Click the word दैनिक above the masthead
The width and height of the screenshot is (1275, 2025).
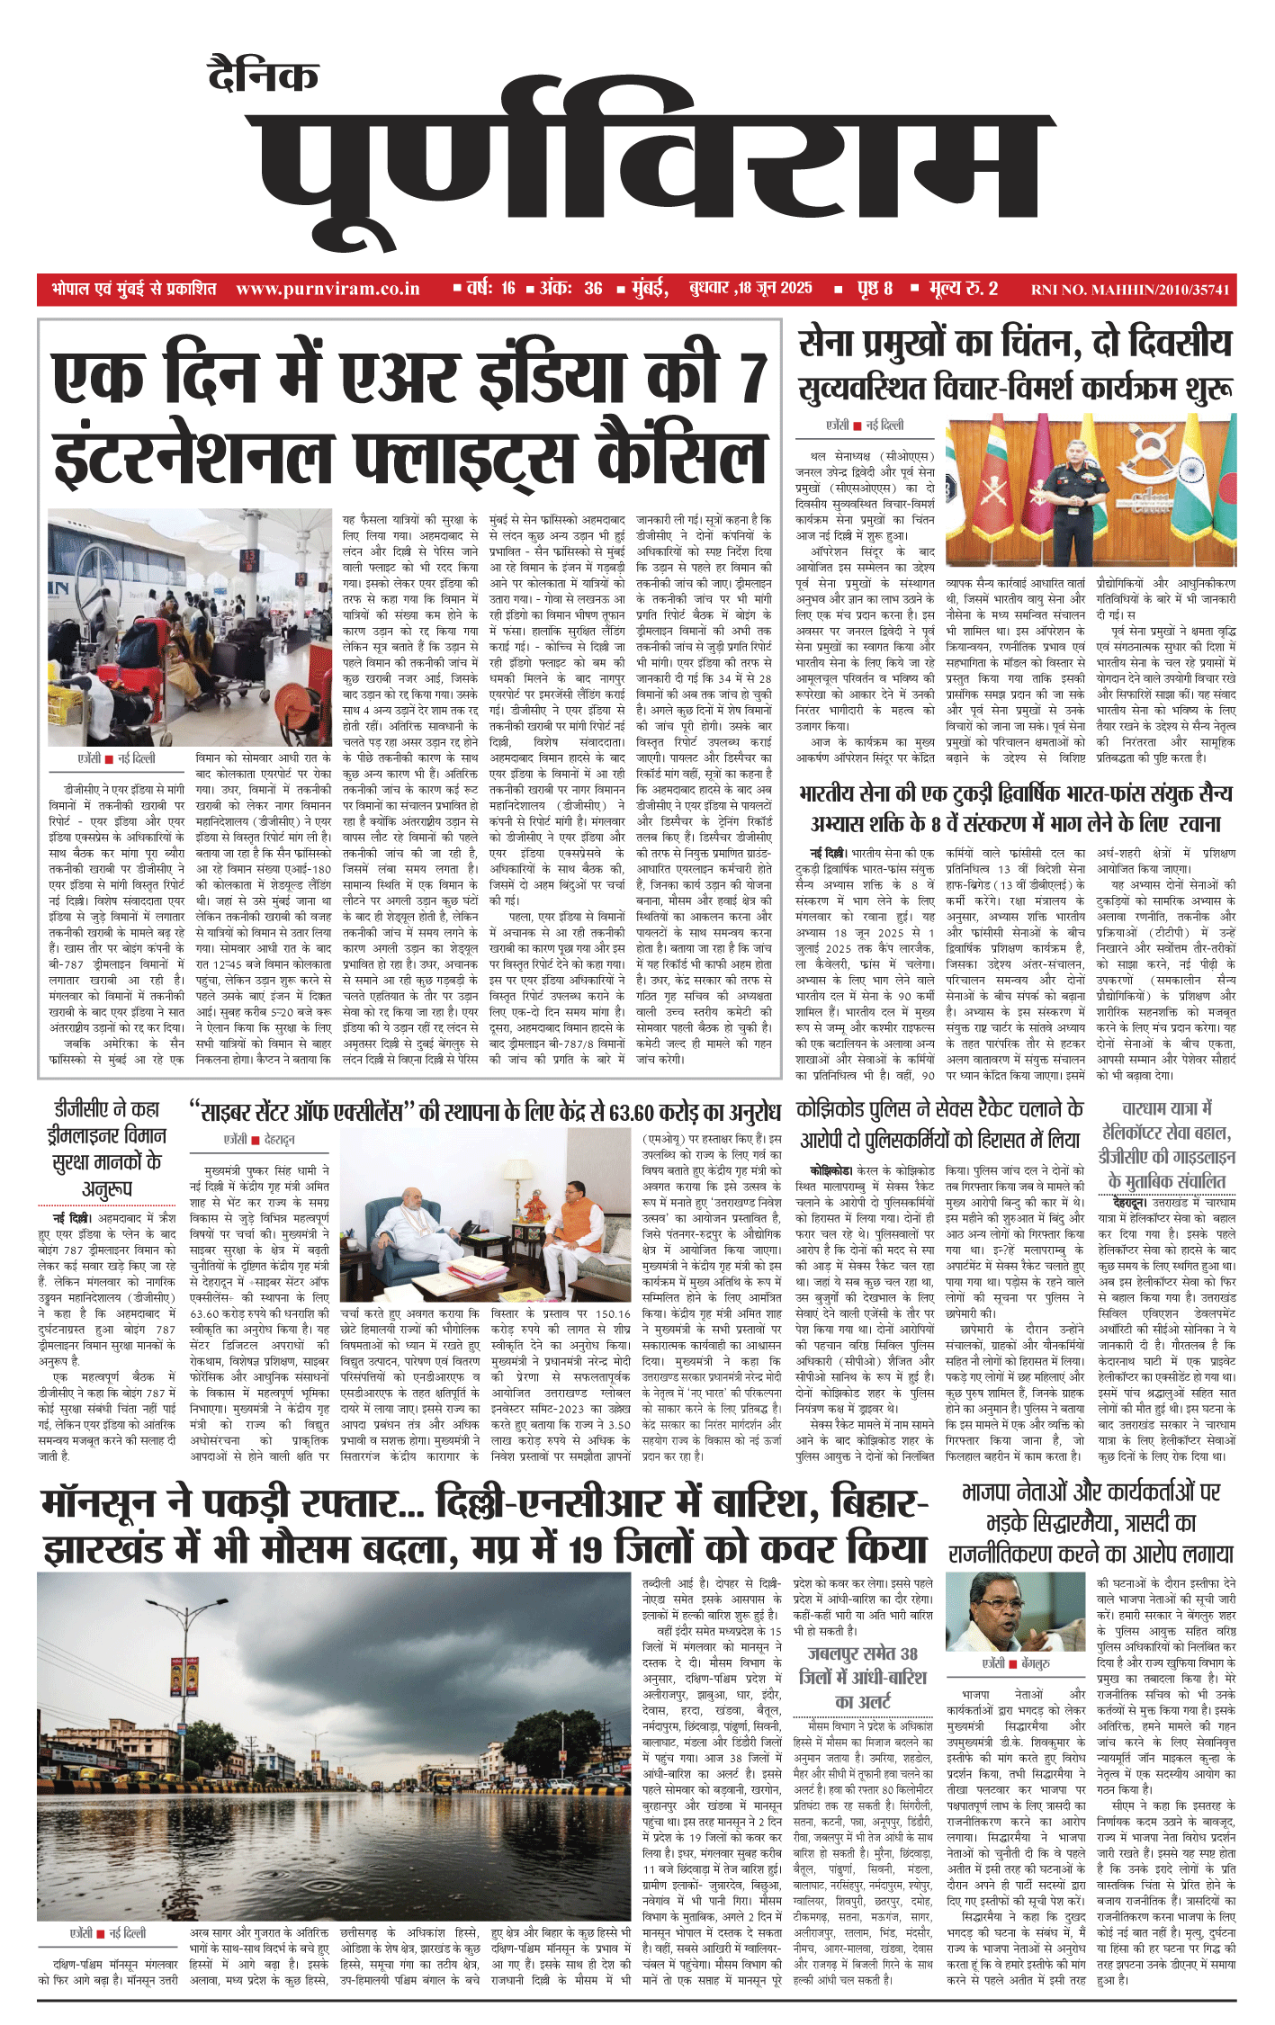click(x=262, y=76)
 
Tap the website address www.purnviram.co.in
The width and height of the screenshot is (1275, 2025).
click(x=328, y=289)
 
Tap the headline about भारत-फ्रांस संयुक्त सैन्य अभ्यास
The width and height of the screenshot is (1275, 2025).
click(x=1015, y=808)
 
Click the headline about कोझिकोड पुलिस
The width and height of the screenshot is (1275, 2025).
click(x=940, y=1125)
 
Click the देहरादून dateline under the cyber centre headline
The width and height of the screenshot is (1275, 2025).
click(x=280, y=1139)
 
